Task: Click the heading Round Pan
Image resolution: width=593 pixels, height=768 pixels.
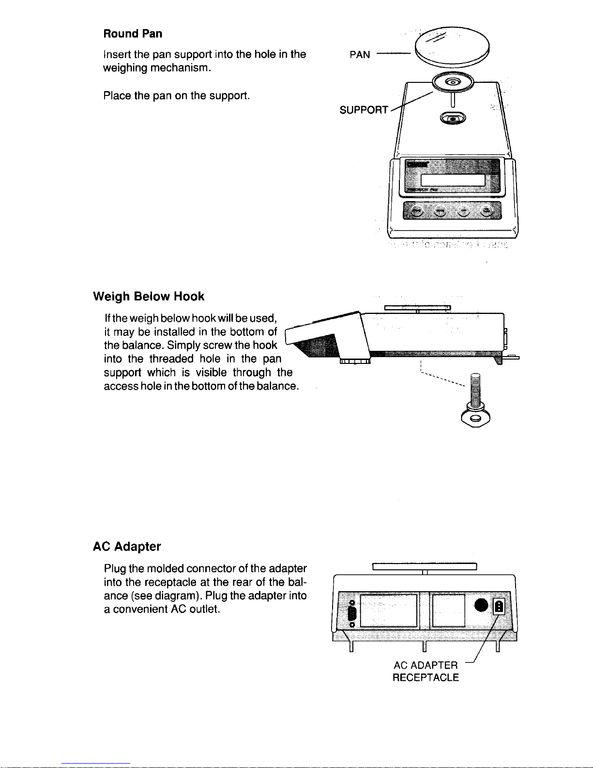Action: [x=133, y=34]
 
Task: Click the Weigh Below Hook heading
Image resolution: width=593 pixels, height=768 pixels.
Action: [x=149, y=297]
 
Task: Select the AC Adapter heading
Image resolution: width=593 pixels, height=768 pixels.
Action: [x=127, y=547]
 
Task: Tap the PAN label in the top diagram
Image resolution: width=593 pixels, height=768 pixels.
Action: [x=360, y=55]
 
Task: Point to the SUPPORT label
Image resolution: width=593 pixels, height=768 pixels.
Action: [x=364, y=110]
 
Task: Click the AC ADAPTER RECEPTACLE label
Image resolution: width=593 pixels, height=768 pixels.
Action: [x=426, y=671]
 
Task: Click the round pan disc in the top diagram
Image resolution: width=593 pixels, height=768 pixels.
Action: [x=453, y=47]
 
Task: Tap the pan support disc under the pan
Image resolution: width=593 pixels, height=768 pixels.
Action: [x=453, y=82]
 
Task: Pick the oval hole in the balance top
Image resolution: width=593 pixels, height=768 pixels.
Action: [x=453, y=118]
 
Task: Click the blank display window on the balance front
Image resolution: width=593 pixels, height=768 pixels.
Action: [x=453, y=180]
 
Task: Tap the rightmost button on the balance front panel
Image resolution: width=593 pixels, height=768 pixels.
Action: [x=488, y=210]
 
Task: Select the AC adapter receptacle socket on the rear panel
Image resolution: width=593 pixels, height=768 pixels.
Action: [x=499, y=606]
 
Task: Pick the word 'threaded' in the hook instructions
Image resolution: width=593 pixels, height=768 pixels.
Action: [x=171, y=359]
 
